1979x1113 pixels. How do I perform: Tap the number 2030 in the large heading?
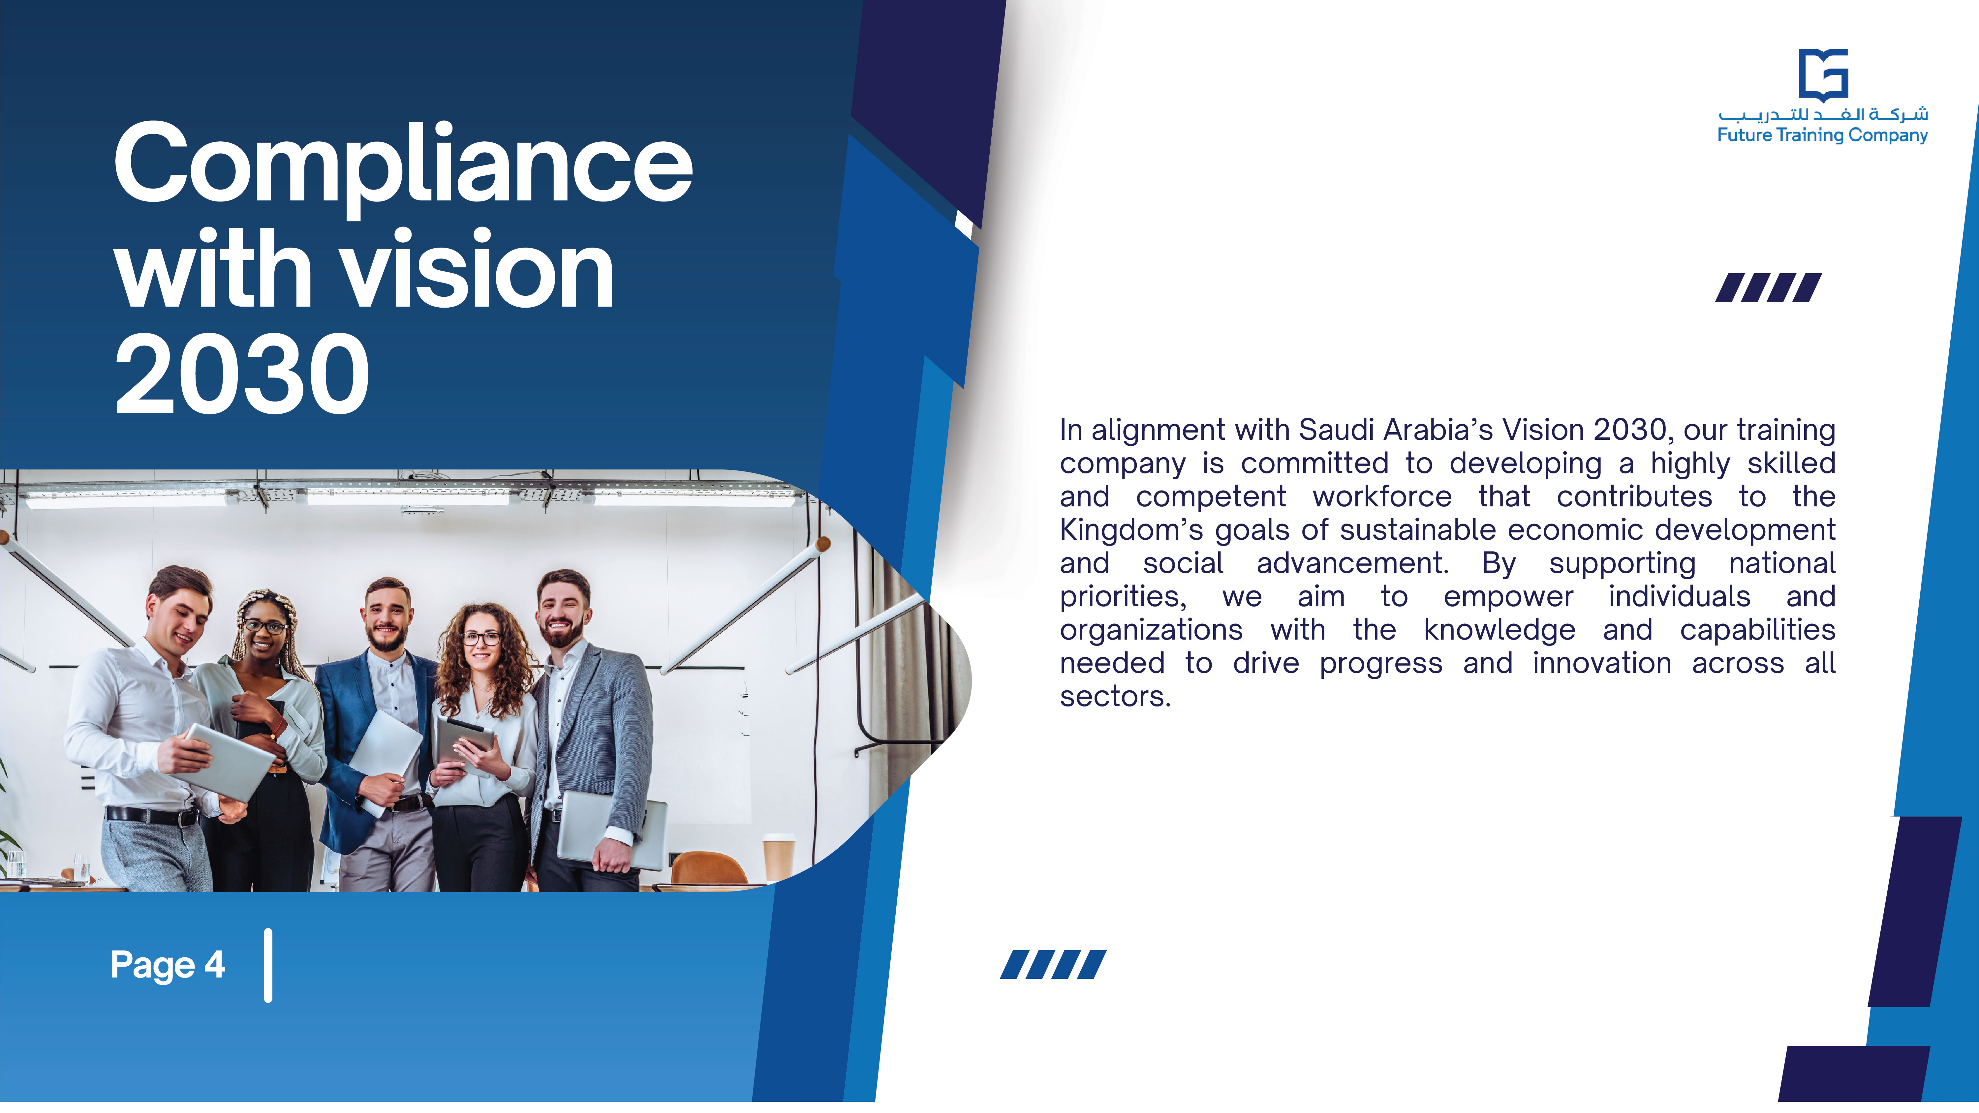click(x=243, y=374)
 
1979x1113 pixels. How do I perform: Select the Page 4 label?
click(x=168, y=965)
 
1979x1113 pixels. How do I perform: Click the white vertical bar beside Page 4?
click(x=268, y=966)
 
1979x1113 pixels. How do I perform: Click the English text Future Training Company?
click(x=1822, y=135)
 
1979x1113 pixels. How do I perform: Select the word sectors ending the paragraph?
click(x=1115, y=697)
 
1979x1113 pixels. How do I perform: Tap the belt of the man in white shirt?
click(x=152, y=815)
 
